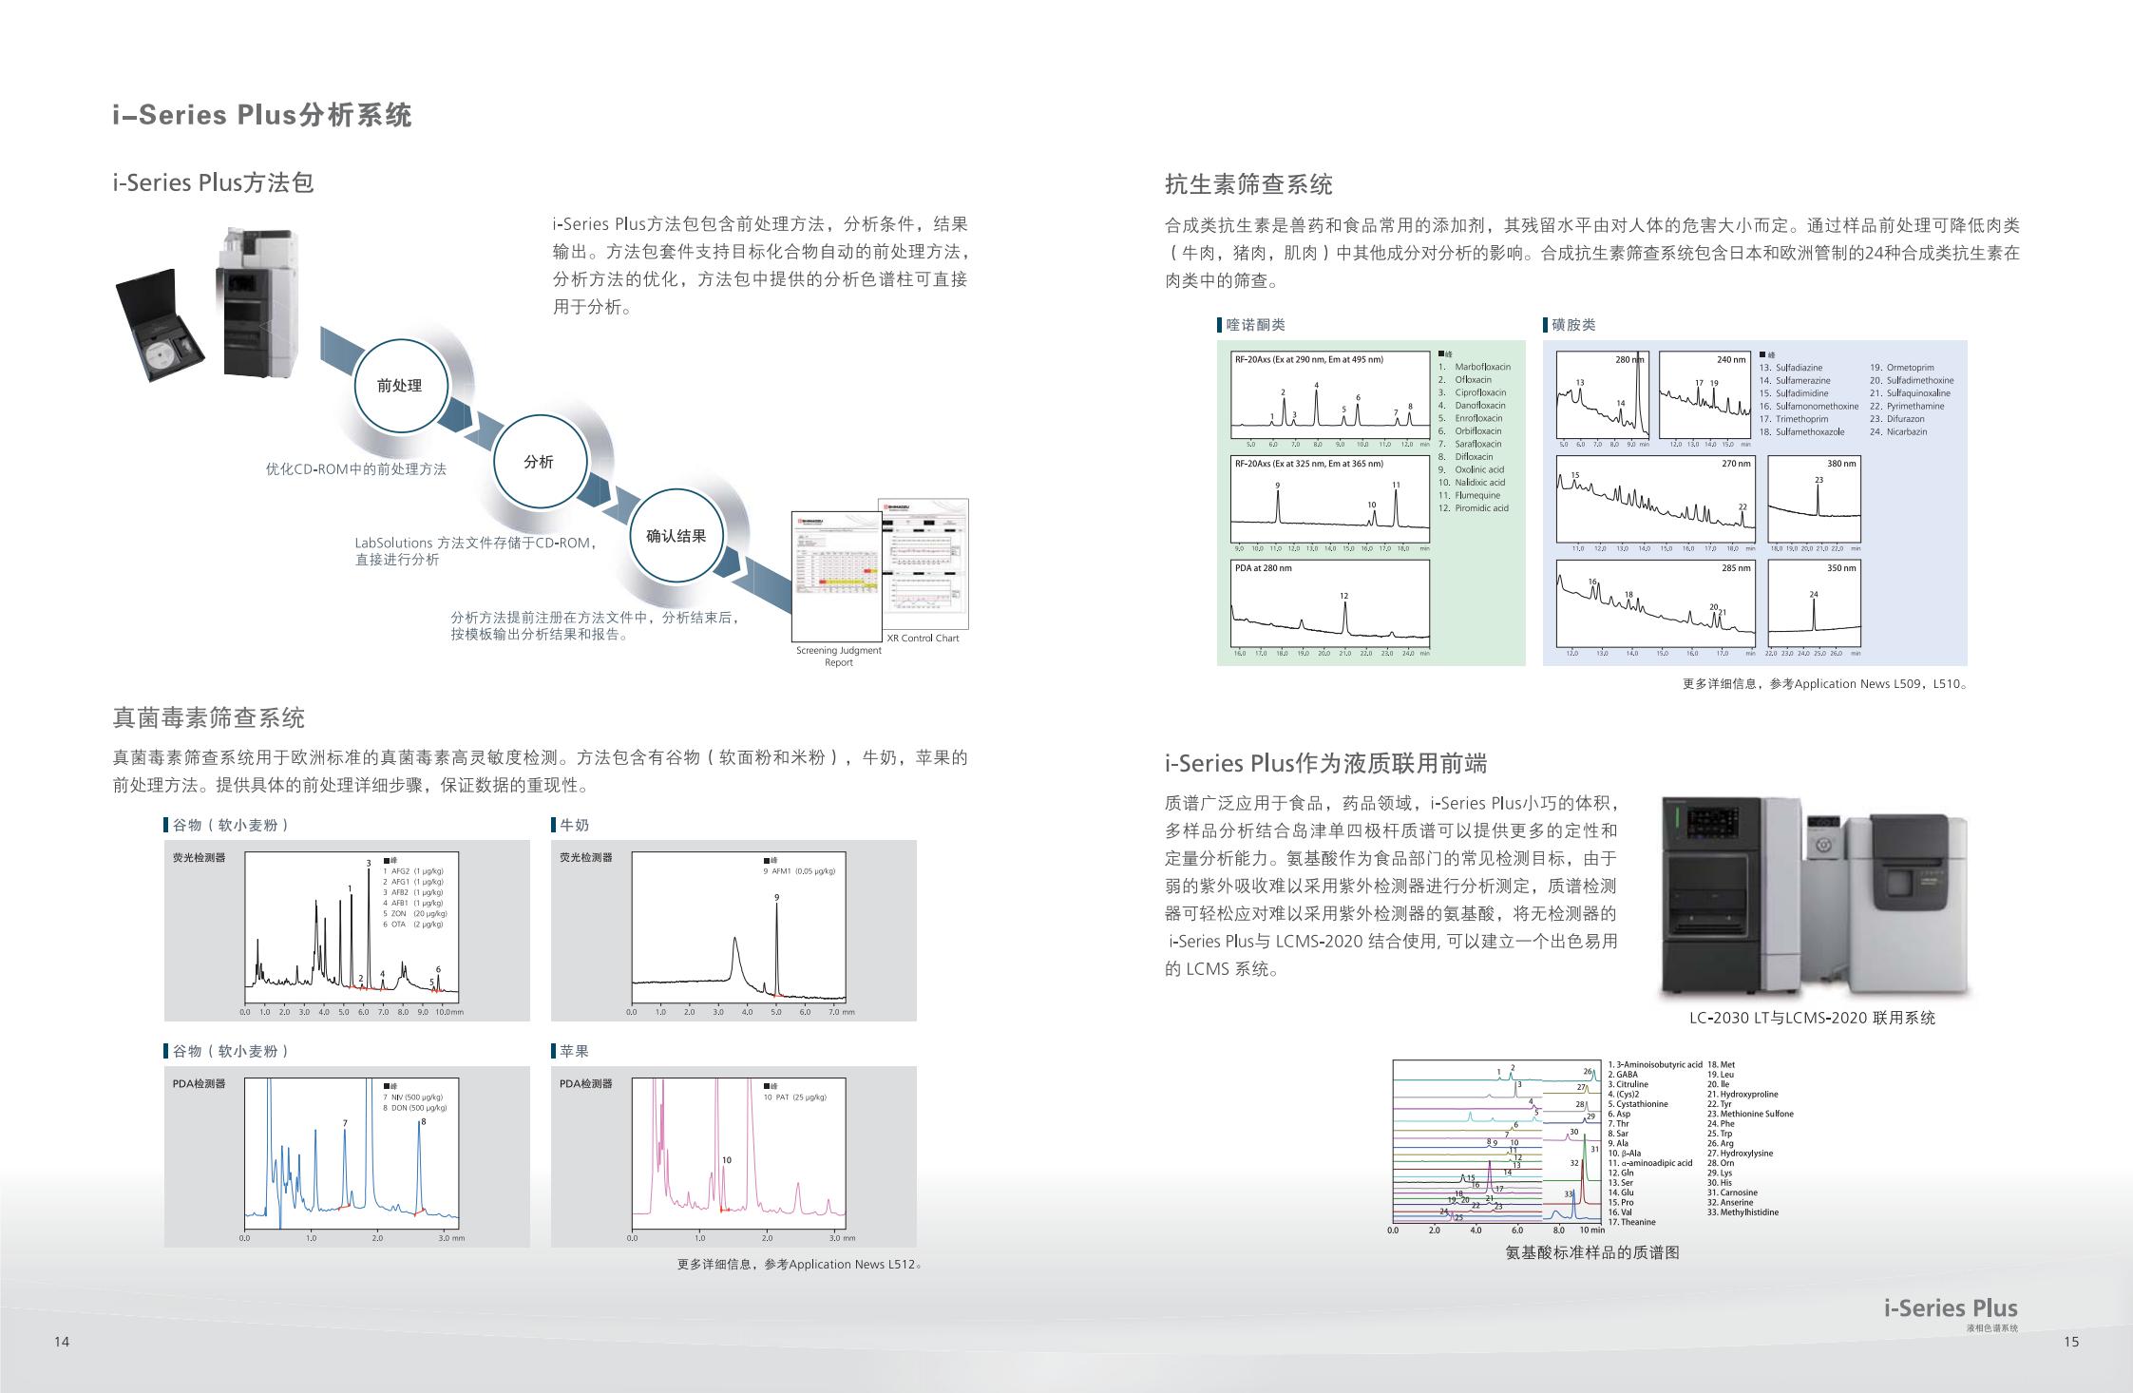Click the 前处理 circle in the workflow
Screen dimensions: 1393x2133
pos(399,386)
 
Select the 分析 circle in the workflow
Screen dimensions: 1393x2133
pos(539,462)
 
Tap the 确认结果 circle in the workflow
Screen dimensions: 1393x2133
pos(676,536)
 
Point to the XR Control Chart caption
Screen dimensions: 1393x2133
pos(923,639)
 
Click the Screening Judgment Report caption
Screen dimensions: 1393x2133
pos(839,656)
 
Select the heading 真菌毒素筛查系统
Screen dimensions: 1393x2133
pos(209,718)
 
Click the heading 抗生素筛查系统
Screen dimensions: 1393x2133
pos(1248,184)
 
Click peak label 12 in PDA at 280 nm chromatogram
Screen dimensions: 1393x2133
pos(1344,596)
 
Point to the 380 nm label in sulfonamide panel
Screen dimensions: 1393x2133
pos(1841,464)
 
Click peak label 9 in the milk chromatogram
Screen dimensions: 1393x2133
pos(776,897)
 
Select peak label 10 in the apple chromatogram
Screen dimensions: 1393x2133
pos(727,1159)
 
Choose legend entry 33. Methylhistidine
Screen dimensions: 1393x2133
pos(1743,1212)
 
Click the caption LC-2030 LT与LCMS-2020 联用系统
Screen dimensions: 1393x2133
pos(1812,1019)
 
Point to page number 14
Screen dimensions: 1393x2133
pos(62,1342)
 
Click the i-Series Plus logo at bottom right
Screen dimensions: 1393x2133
pos(1951,1309)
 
